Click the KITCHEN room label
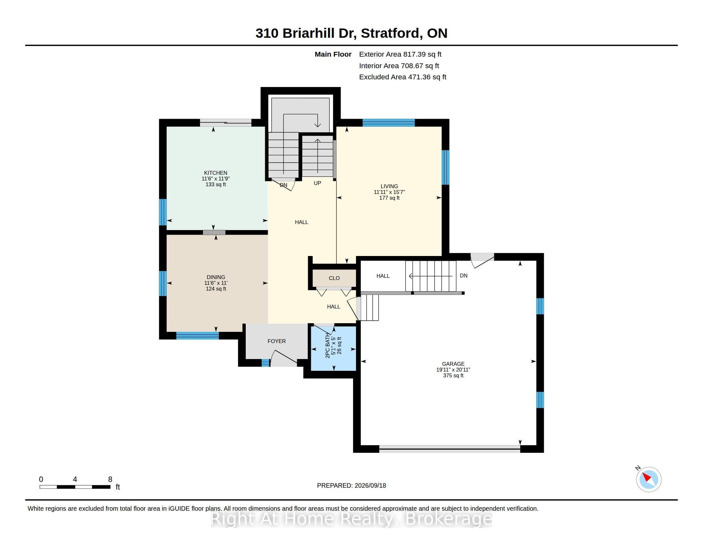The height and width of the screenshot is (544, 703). pos(215,173)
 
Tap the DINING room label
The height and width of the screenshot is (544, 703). pos(216,277)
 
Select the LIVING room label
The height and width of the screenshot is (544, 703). pos(389,186)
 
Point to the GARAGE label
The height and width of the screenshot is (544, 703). pos(453,364)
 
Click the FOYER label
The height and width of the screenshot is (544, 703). pos(276,341)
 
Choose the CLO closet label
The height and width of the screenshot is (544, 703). pos(334,278)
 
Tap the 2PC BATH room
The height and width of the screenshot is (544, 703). pos(334,348)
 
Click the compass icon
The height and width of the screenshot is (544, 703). pos(649,479)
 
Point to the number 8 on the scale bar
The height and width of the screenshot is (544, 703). pos(110,479)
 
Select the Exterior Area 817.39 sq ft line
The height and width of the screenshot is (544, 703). pos(400,54)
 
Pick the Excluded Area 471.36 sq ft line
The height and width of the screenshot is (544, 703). pos(403,77)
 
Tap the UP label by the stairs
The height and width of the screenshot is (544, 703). pos(317,183)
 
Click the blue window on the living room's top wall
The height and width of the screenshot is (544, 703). pos(389,123)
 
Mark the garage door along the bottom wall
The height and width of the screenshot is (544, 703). pos(449,449)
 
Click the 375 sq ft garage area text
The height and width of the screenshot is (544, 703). pos(453,375)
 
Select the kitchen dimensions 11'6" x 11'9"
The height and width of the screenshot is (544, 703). pos(216,179)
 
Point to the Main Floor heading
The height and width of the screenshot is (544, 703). pos(333,54)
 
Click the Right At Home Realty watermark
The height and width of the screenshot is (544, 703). pos(351,519)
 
